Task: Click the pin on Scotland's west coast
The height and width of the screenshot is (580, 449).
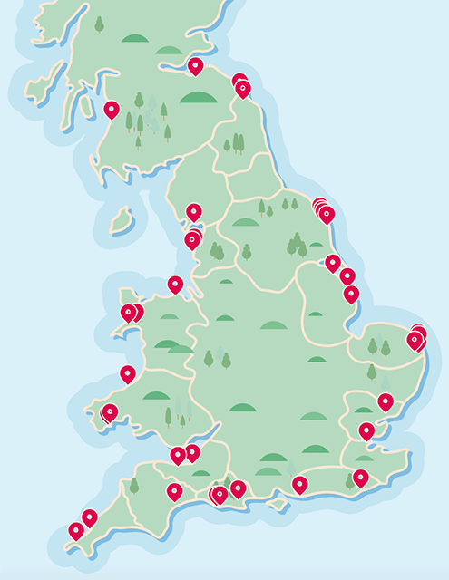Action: tap(112, 110)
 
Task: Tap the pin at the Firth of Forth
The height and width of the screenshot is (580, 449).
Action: tap(195, 65)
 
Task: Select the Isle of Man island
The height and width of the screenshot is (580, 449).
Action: tap(121, 221)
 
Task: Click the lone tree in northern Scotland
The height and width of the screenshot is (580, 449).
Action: tap(99, 24)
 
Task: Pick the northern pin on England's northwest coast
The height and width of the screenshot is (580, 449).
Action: tap(194, 212)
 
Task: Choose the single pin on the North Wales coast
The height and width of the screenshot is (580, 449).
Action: tap(175, 285)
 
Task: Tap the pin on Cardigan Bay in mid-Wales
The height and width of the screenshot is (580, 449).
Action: tap(128, 373)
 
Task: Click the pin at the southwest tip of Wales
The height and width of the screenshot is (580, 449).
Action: tap(110, 412)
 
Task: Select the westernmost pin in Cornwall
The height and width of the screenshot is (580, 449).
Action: tap(76, 530)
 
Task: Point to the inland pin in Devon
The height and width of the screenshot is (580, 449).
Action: tap(174, 491)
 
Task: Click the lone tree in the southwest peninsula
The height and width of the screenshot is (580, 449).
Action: tap(134, 486)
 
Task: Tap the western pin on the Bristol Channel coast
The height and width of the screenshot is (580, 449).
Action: tap(178, 455)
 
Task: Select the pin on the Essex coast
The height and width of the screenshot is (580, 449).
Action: tap(386, 401)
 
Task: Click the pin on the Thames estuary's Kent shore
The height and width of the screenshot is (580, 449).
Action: tap(366, 430)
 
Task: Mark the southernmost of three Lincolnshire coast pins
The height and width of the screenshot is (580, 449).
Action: tap(351, 294)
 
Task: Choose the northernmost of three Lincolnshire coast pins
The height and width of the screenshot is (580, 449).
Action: tap(333, 263)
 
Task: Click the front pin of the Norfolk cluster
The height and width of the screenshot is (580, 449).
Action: tap(415, 341)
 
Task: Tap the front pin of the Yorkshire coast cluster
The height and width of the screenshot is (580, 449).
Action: tap(327, 215)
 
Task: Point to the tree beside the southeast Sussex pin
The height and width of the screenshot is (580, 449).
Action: tap(349, 481)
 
